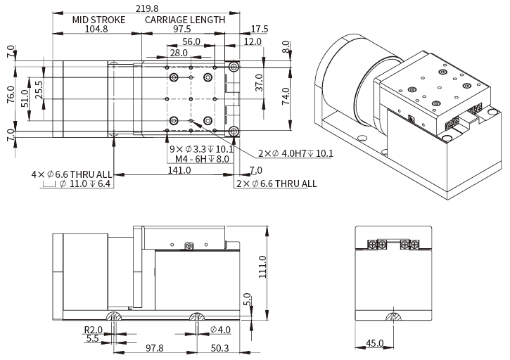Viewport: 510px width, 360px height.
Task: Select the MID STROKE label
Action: click(98, 20)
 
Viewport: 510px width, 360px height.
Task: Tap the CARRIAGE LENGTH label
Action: click(185, 20)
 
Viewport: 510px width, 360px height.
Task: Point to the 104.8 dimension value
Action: click(96, 30)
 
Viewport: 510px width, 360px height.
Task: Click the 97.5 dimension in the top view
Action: click(182, 30)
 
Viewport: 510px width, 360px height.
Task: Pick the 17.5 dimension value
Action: click(260, 30)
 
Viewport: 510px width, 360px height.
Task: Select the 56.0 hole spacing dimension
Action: click(191, 42)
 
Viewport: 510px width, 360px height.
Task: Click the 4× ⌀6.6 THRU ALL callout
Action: click(71, 174)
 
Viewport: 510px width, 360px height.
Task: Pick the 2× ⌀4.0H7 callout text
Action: click(295, 154)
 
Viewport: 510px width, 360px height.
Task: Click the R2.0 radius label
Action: click(94, 330)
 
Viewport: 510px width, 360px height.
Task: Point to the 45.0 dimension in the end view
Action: click(374, 344)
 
